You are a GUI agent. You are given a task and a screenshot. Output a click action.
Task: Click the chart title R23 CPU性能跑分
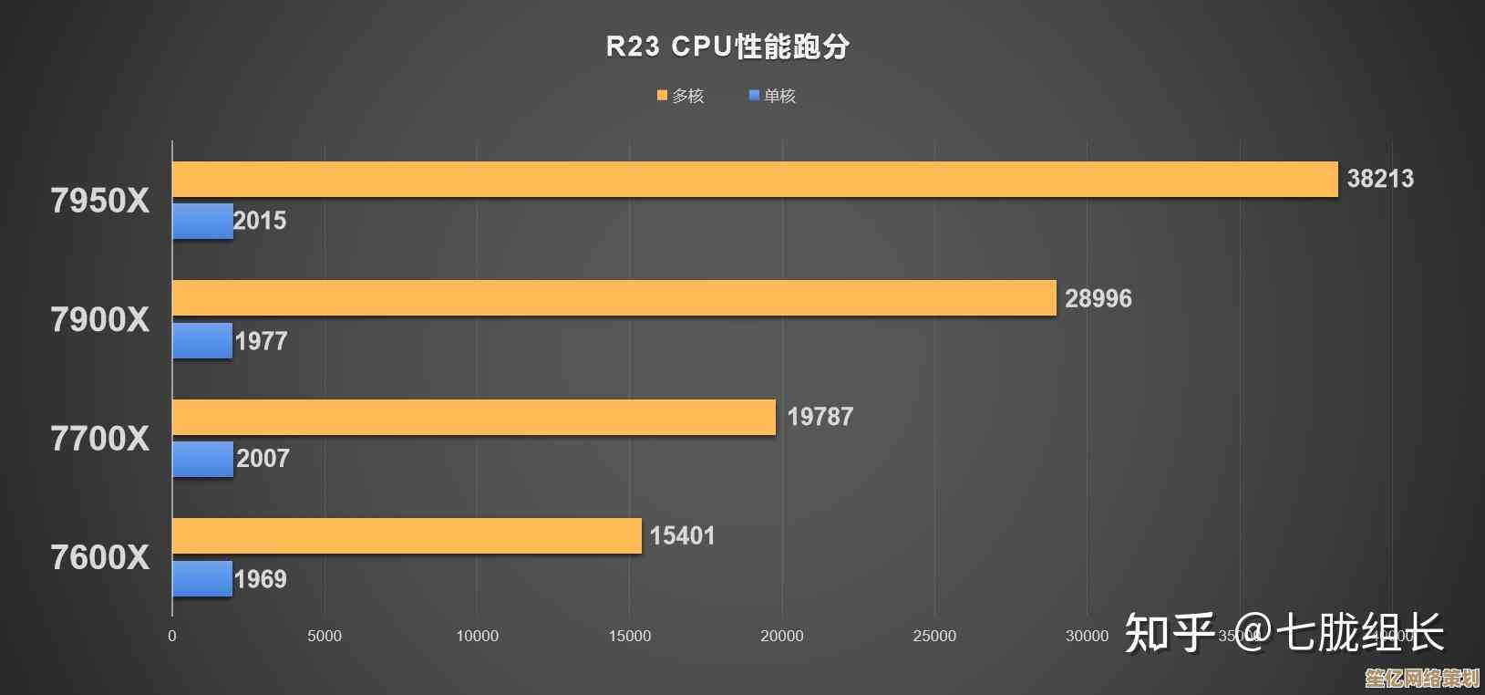(x=727, y=47)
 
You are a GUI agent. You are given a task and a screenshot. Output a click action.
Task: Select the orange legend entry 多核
(x=681, y=96)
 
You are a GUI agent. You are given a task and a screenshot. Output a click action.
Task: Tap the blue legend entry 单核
(x=772, y=96)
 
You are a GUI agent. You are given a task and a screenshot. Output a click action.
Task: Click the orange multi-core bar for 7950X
(x=755, y=179)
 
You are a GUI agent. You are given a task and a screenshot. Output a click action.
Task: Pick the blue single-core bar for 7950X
(x=202, y=222)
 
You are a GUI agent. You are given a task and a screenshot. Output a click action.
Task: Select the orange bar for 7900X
(x=614, y=298)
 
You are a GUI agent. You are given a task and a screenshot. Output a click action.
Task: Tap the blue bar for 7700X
(x=202, y=460)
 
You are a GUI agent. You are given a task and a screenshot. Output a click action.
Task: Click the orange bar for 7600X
(x=407, y=536)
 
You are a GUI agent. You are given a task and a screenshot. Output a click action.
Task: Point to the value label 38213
(x=1380, y=179)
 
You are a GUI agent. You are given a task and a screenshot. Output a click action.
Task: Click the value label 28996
(x=1098, y=298)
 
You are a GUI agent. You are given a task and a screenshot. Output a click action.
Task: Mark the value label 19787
(x=820, y=417)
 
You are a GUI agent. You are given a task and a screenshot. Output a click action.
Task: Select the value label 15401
(x=682, y=535)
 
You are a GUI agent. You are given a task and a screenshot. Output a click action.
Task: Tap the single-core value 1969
(x=261, y=579)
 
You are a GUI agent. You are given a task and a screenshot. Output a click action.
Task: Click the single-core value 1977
(x=262, y=341)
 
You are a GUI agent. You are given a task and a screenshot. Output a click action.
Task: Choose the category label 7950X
(x=99, y=201)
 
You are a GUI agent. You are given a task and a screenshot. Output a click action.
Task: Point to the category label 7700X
(x=99, y=439)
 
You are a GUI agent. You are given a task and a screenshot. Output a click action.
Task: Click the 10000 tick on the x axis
(x=477, y=636)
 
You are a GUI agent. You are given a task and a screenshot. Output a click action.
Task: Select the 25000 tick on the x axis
(x=934, y=636)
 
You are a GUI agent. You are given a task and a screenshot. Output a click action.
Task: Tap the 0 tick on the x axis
(x=171, y=636)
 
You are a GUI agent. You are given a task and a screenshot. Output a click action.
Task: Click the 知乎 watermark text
(x=1170, y=633)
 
